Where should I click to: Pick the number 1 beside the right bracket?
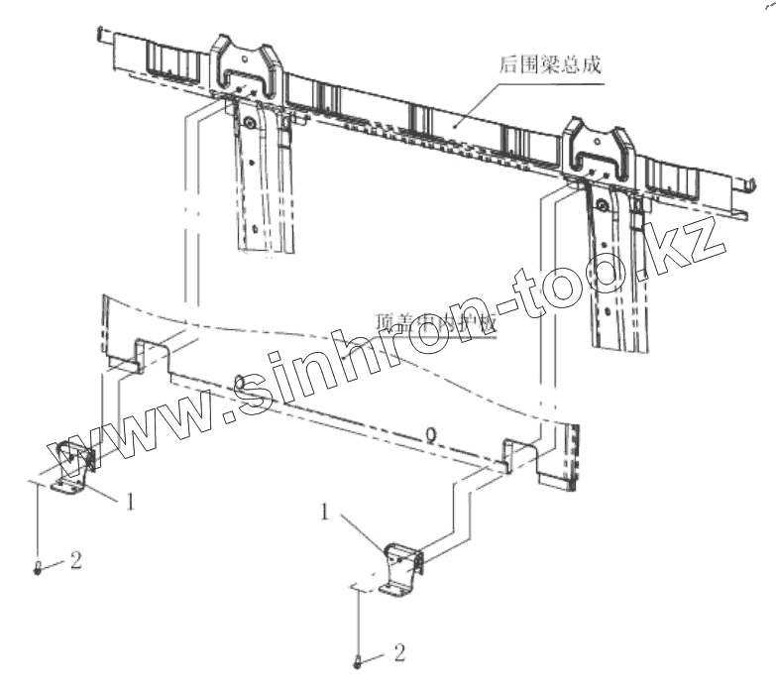tap(325, 512)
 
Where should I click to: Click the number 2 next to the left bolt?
tap(76, 561)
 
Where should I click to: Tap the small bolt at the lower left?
tap(38, 568)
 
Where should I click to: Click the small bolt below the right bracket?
tap(357, 660)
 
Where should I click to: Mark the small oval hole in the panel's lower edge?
tap(430, 434)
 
